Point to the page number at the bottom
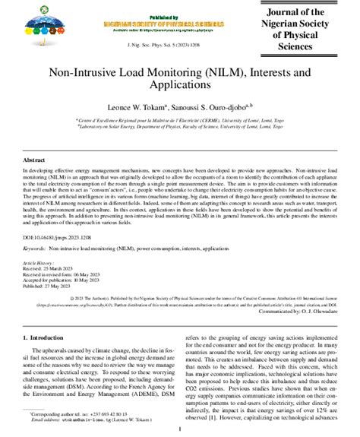pos(180,429)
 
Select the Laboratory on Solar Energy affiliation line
pos(180,126)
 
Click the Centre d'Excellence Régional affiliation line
pos(180,119)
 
